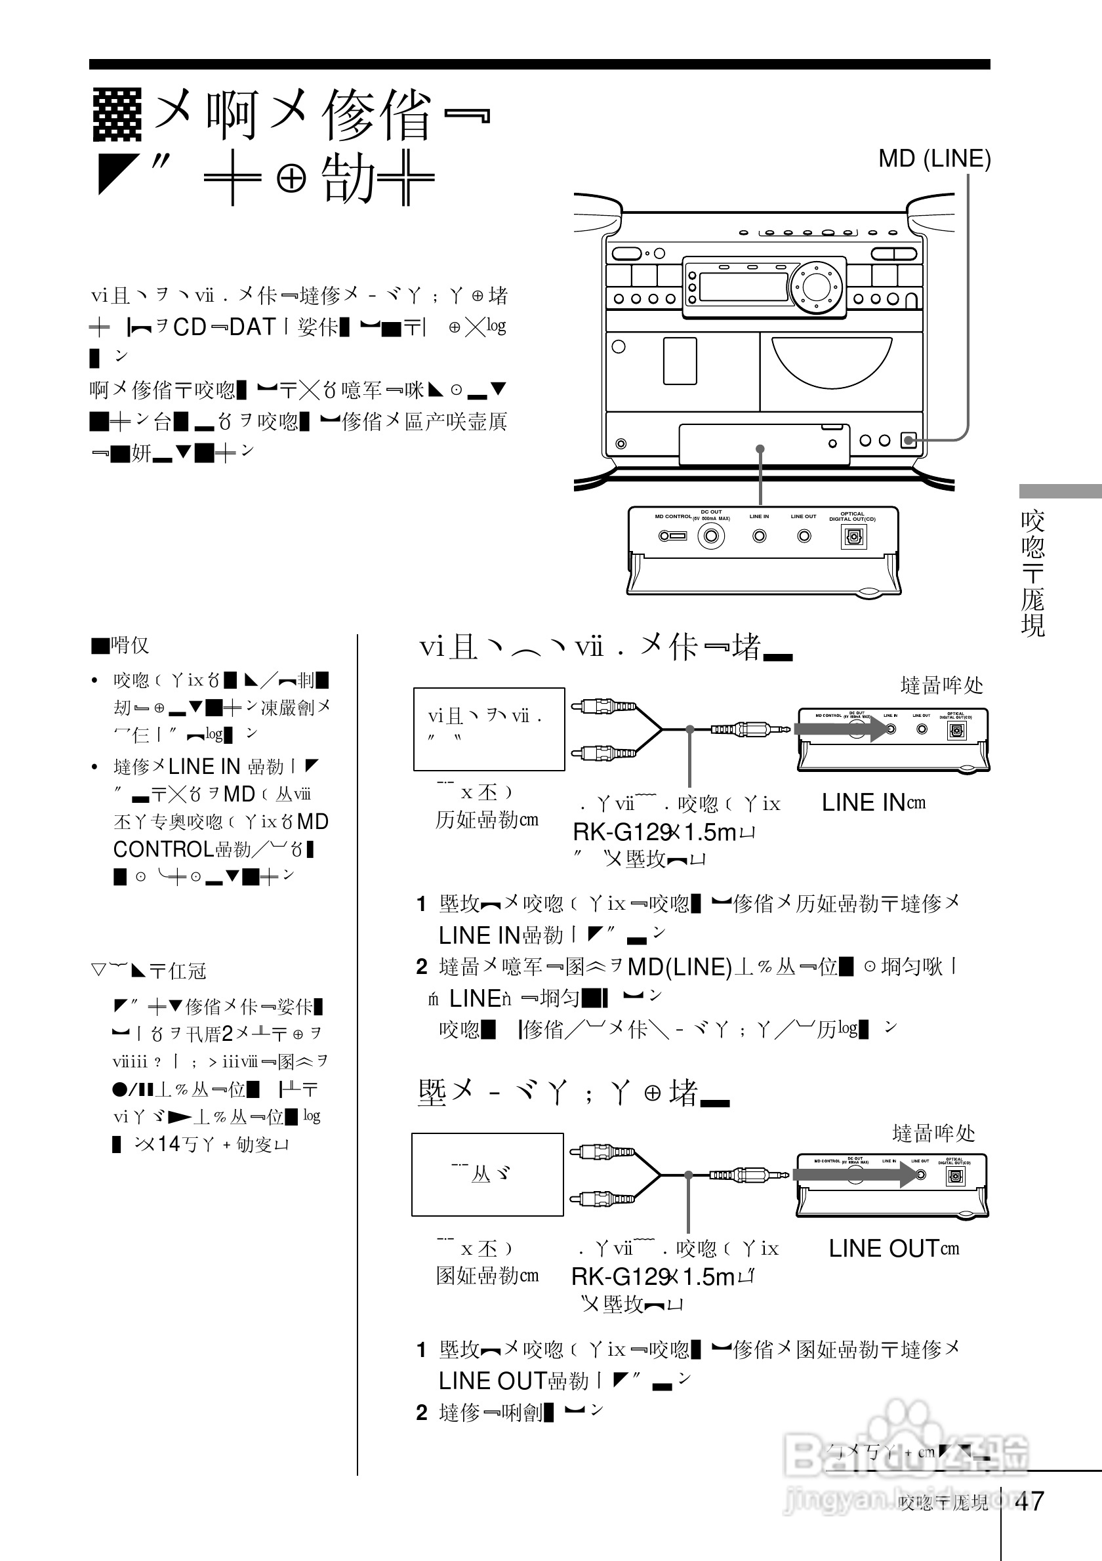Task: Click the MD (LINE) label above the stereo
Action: (x=934, y=159)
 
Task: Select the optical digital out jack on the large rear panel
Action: (x=853, y=537)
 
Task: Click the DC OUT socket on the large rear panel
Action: (x=711, y=536)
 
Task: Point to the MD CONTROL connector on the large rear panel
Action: (x=672, y=536)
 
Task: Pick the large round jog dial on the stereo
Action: (x=813, y=285)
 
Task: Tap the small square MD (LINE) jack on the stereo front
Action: (x=908, y=441)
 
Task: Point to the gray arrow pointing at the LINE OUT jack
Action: (x=860, y=1174)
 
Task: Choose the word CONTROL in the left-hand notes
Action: (x=163, y=849)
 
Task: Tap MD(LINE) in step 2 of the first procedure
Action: (x=679, y=966)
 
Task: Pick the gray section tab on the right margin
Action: (x=1059, y=491)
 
